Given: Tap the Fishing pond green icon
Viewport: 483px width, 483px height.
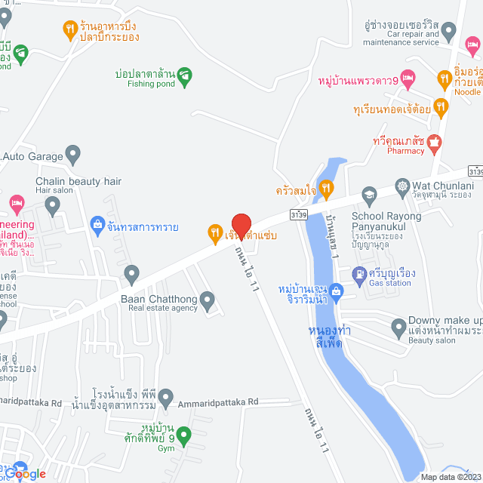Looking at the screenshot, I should tap(185, 75).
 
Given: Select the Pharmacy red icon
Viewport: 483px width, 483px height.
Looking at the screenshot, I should tap(434, 141).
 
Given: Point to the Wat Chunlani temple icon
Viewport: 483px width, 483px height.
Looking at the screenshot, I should tap(404, 186).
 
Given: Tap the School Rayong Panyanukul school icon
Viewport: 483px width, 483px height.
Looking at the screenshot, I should tap(369, 195).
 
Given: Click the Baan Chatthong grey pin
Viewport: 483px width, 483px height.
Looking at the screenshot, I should tap(132, 272).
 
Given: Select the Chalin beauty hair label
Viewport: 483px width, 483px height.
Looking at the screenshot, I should tap(78, 181).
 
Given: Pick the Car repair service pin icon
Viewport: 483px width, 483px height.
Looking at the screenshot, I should tap(449, 31).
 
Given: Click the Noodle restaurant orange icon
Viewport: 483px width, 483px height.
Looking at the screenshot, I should tap(445, 78).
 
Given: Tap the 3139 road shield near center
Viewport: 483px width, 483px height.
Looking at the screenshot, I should tap(298, 216).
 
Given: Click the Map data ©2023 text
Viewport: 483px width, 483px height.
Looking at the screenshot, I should tap(449, 477).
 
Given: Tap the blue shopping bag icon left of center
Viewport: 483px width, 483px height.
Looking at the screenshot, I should tap(97, 224).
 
